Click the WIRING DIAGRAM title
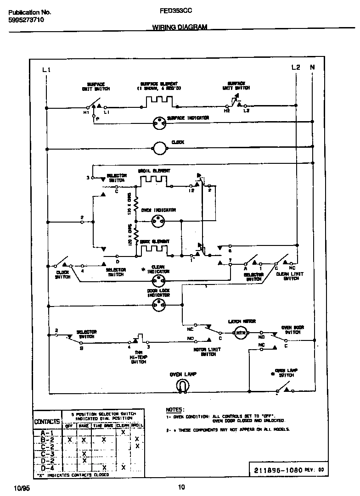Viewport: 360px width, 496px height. tap(180, 27)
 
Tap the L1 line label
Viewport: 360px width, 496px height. tap(45, 70)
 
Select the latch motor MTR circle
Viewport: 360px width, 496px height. tap(238, 334)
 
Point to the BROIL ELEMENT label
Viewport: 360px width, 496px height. tap(154, 171)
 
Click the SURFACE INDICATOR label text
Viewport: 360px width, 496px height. tap(188, 118)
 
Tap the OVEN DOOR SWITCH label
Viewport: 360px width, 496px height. tap(292, 329)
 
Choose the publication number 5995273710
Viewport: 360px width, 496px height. tap(26, 20)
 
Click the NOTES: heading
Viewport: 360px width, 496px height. tap(175, 409)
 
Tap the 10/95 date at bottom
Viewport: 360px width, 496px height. tap(22, 487)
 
